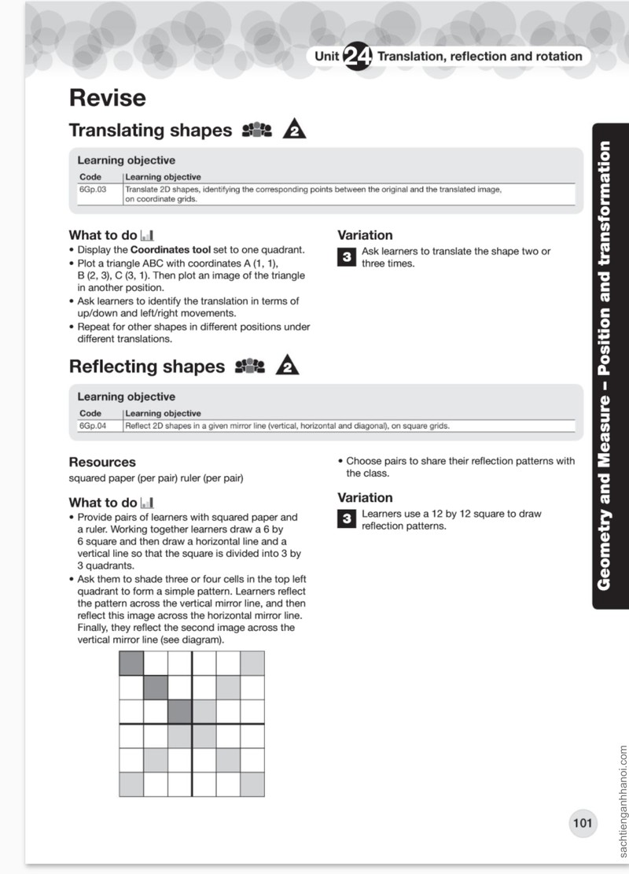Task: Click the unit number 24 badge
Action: pos(357,57)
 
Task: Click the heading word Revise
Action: pos(108,98)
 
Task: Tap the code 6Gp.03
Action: pos(93,189)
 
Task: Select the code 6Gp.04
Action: pos(93,426)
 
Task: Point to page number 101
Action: pos(582,823)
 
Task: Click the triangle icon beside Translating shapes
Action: pos(294,129)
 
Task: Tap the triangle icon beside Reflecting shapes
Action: pos(288,366)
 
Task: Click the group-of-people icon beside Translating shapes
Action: pos(257,130)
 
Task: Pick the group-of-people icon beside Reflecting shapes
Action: pos(249,367)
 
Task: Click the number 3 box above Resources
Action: pos(347,257)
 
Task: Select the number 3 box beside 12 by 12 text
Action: pos(347,519)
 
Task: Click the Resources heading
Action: pos(102,462)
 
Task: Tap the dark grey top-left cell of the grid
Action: pos(131,663)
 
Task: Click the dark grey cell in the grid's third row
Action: pos(179,712)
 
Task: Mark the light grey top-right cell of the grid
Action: pos(252,663)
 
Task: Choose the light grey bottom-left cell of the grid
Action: pos(131,784)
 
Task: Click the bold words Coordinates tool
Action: pos(171,249)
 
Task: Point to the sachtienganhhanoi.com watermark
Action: pos(622,801)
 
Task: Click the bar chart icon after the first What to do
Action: pos(147,235)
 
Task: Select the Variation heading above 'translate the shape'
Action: pos(365,235)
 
